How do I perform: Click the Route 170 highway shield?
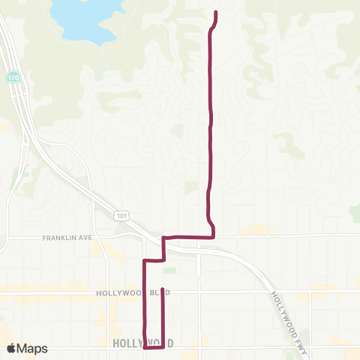pyautogui.click(x=13, y=77)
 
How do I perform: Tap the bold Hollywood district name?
pyautogui.click(x=142, y=343)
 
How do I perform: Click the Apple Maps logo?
pyautogui.click(x=27, y=348)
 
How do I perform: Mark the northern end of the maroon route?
pyautogui.click(x=216, y=13)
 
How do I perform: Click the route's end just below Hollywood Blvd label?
pyautogui.click(x=163, y=289)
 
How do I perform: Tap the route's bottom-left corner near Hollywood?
pyautogui.click(x=144, y=347)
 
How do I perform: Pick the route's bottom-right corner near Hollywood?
pyautogui.click(x=163, y=347)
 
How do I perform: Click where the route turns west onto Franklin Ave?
pyautogui.click(x=214, y=237)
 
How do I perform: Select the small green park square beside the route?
pyautogui.click(x=170, y=271)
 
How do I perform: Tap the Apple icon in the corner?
pyautogui.click(x=11, y=348)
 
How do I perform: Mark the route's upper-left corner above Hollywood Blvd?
pyautogui.click(x=144, y=260)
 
